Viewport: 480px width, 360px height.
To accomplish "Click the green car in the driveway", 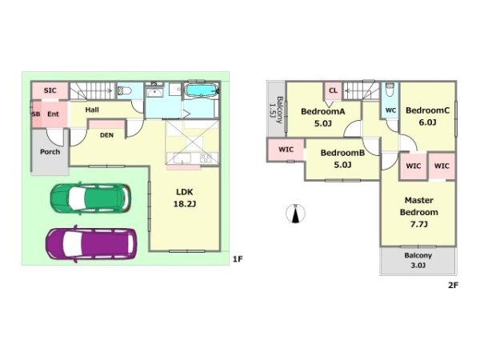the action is click(91, 198).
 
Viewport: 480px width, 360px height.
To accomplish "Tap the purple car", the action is click(91, 244).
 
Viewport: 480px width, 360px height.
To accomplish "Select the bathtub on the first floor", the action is click(202, 90).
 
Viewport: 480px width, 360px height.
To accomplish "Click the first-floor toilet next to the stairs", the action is click(125, 90).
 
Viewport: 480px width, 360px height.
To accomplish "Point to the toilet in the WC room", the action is click(390, 90).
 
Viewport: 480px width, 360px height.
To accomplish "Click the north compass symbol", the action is click(295, 213).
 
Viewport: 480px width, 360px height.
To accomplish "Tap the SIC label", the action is click(50, 90).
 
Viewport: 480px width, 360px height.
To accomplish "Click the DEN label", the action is click(106, 135).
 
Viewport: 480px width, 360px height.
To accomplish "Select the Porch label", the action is click(50, 152).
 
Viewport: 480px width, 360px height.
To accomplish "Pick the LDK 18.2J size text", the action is click(185, 198).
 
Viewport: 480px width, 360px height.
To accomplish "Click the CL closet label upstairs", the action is click(333, 90).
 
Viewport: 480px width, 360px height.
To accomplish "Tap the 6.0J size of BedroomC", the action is click(427, 122).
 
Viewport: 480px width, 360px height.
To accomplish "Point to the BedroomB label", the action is click(342, 153).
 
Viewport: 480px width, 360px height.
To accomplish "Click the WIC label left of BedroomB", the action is click(286, 150).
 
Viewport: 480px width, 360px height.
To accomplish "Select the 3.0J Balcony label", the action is click(418, 260).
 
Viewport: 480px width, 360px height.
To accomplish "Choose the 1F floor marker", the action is click(238, 259).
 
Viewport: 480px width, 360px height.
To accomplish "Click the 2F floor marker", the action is click(453, 286).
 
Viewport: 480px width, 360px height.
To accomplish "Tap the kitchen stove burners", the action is click(206, 158).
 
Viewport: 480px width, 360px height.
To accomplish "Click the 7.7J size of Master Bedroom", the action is click(418, 224).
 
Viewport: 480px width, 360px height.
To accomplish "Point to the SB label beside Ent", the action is click(36, 114).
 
